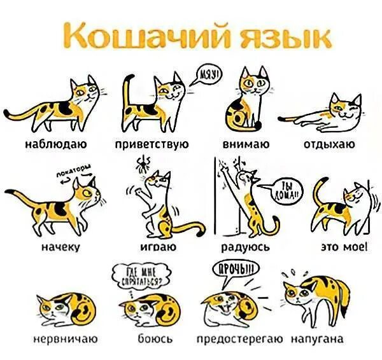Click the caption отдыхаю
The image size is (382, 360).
pyautogui.click(x=329, y=144)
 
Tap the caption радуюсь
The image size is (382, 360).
pyautogui.click(x=246, y=247)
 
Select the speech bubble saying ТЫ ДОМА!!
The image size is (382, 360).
pyautogui.click(x=290, y=191)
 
